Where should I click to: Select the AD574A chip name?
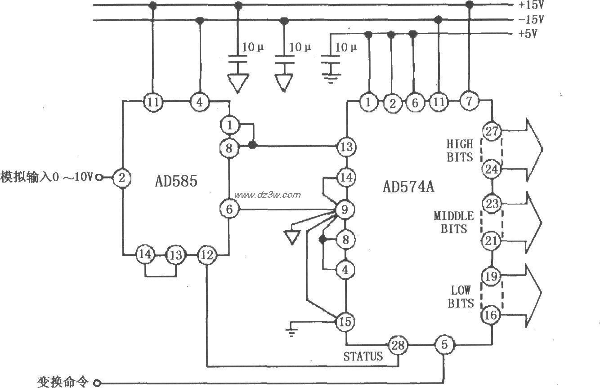click(x=408, y=186)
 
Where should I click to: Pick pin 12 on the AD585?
click(x=207, y=255)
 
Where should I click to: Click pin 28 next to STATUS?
click(x=399, y=345)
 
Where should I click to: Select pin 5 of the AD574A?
click(x=444, y=345)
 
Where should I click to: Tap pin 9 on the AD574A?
click(x=345, y=209)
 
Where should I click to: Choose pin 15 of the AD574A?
click(x=345, y=321)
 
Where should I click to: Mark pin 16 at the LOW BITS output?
click(x=491, y=315)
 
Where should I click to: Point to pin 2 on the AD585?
click(x=121, y=178)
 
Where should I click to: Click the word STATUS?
click(x=363, y=357)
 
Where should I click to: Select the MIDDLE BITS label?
click(x=453, y=222)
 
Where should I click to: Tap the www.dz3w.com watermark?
click(x=267, y=195)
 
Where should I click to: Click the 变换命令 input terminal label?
click(x=63, y=381)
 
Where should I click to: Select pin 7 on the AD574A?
click(x=469, y=102)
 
